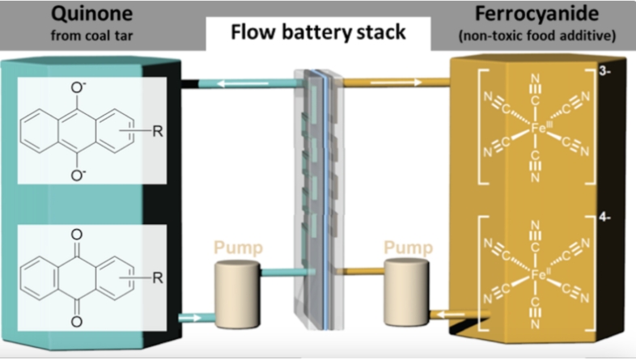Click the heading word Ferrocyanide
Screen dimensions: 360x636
538,15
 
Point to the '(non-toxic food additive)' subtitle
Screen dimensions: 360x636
537,36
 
